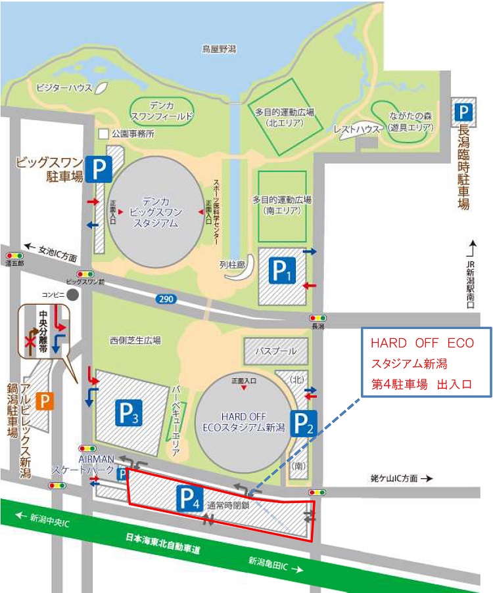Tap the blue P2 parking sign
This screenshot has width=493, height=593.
click(x=302, y=424)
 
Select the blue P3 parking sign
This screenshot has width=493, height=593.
click(x=129, y=412)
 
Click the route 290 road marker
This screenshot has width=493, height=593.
click(x=166, y=299)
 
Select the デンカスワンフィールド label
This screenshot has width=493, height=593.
click(x=161, y=111)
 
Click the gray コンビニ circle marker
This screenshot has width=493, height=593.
click(x=72, y=295)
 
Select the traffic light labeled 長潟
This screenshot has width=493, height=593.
click(x=318, y=318)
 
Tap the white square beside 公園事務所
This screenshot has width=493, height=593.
click(x=103, y=134)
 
